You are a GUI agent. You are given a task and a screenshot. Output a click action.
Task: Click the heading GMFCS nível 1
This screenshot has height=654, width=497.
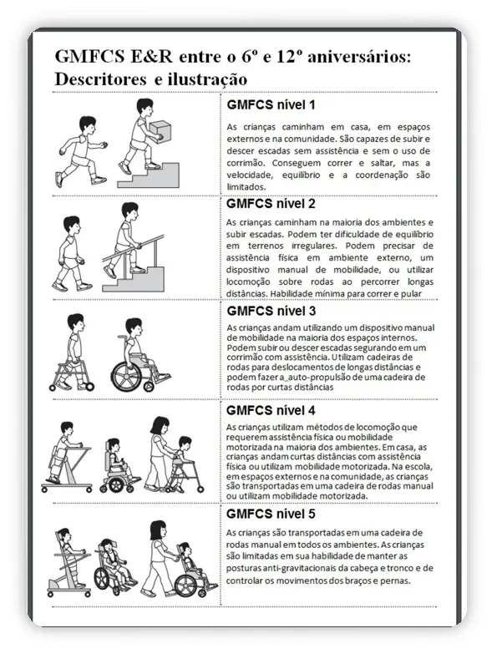(x=271, y=104)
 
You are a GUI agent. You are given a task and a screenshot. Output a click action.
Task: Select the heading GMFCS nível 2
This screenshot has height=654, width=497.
(x=271, y=204)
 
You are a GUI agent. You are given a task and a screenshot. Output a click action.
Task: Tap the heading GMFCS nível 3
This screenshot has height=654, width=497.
(x=271, y=311)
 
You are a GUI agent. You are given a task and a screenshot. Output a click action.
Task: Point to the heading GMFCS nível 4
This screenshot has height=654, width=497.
(x=271, y=410)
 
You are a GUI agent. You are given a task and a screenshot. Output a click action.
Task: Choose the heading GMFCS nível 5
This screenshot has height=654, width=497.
(x=271, y=514)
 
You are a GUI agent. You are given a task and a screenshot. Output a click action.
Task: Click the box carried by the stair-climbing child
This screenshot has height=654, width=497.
(x=160, y=130)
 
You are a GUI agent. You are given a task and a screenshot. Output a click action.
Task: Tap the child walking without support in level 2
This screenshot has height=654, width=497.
(x=70, y=254)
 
